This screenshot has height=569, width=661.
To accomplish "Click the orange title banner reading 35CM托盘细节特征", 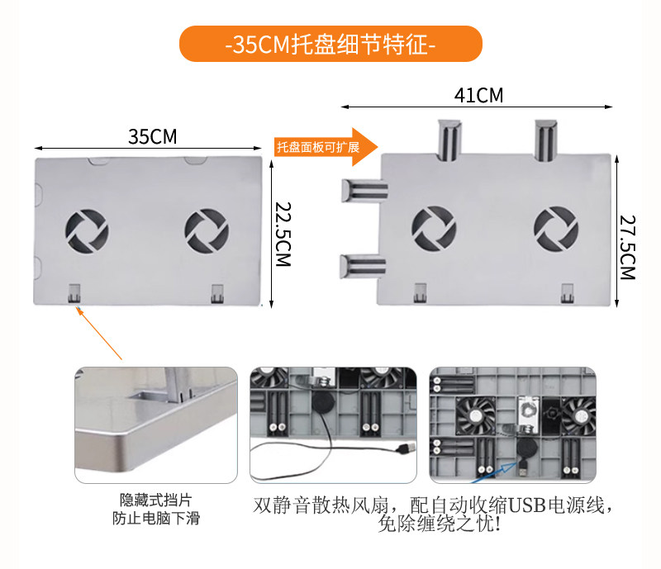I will pyautogui.click(x=330, y=44).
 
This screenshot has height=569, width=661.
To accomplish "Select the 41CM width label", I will pyautogui.click(x=478, y=95).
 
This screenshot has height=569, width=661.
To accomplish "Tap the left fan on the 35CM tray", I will pyautogui.click(x=86, y=231).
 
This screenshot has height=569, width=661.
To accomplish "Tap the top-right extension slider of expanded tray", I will pyautogui.click(x=545, y=140).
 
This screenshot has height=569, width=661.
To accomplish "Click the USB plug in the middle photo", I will pyautogui.click(x=404, y=448).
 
